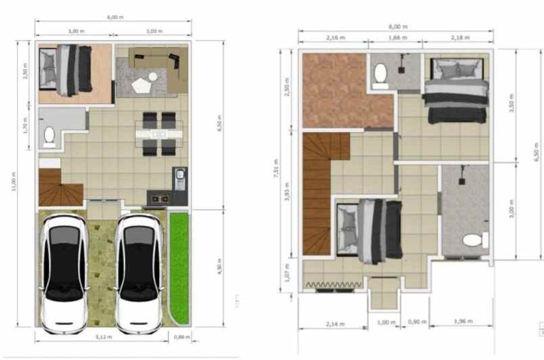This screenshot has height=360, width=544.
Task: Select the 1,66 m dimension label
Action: [399, 38]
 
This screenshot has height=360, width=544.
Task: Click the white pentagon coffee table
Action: [143, 85]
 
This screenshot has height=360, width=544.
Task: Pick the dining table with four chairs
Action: [158, 134]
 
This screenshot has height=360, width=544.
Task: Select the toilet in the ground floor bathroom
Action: [49, 137]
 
